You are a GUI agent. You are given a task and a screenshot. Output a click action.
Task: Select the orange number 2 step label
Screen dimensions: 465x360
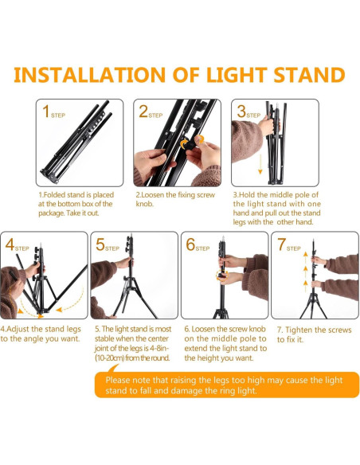[145, 111]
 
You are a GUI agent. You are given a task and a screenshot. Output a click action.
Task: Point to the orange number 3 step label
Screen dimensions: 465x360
[241, 111]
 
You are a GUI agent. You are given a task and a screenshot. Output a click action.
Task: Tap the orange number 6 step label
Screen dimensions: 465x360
[191, 244]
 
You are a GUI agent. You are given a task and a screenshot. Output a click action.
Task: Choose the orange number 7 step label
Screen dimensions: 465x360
[281, 244]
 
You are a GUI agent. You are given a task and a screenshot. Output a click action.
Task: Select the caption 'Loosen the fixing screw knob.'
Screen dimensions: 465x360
[176, 198]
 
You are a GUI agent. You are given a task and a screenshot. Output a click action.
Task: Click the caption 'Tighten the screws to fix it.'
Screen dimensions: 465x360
[313, 334]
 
